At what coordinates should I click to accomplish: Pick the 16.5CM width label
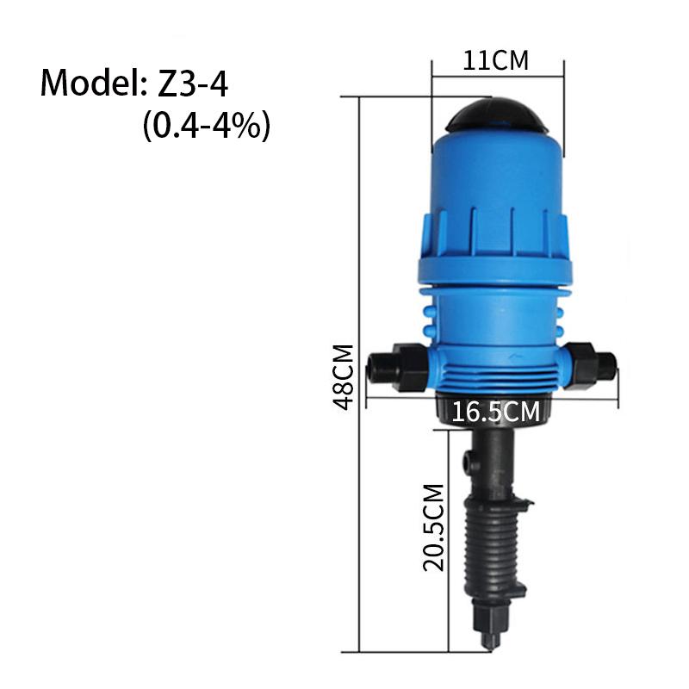pyautogui.click(x=496, y=412)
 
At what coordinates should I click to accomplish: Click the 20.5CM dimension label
pyautogui.click(x=433, y=527)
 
